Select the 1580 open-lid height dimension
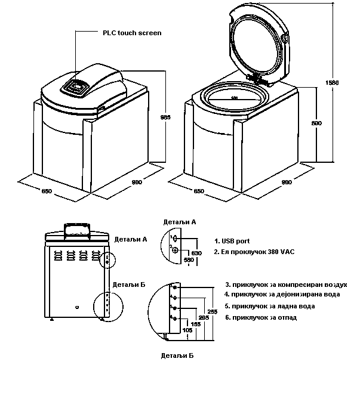tap(335, 82)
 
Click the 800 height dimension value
tap(316, 123)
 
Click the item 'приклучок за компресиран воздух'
tap(285, 285)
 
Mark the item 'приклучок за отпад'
tap(260, 317)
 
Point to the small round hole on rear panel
tap(77, 307)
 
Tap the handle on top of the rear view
tap(77, 227)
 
